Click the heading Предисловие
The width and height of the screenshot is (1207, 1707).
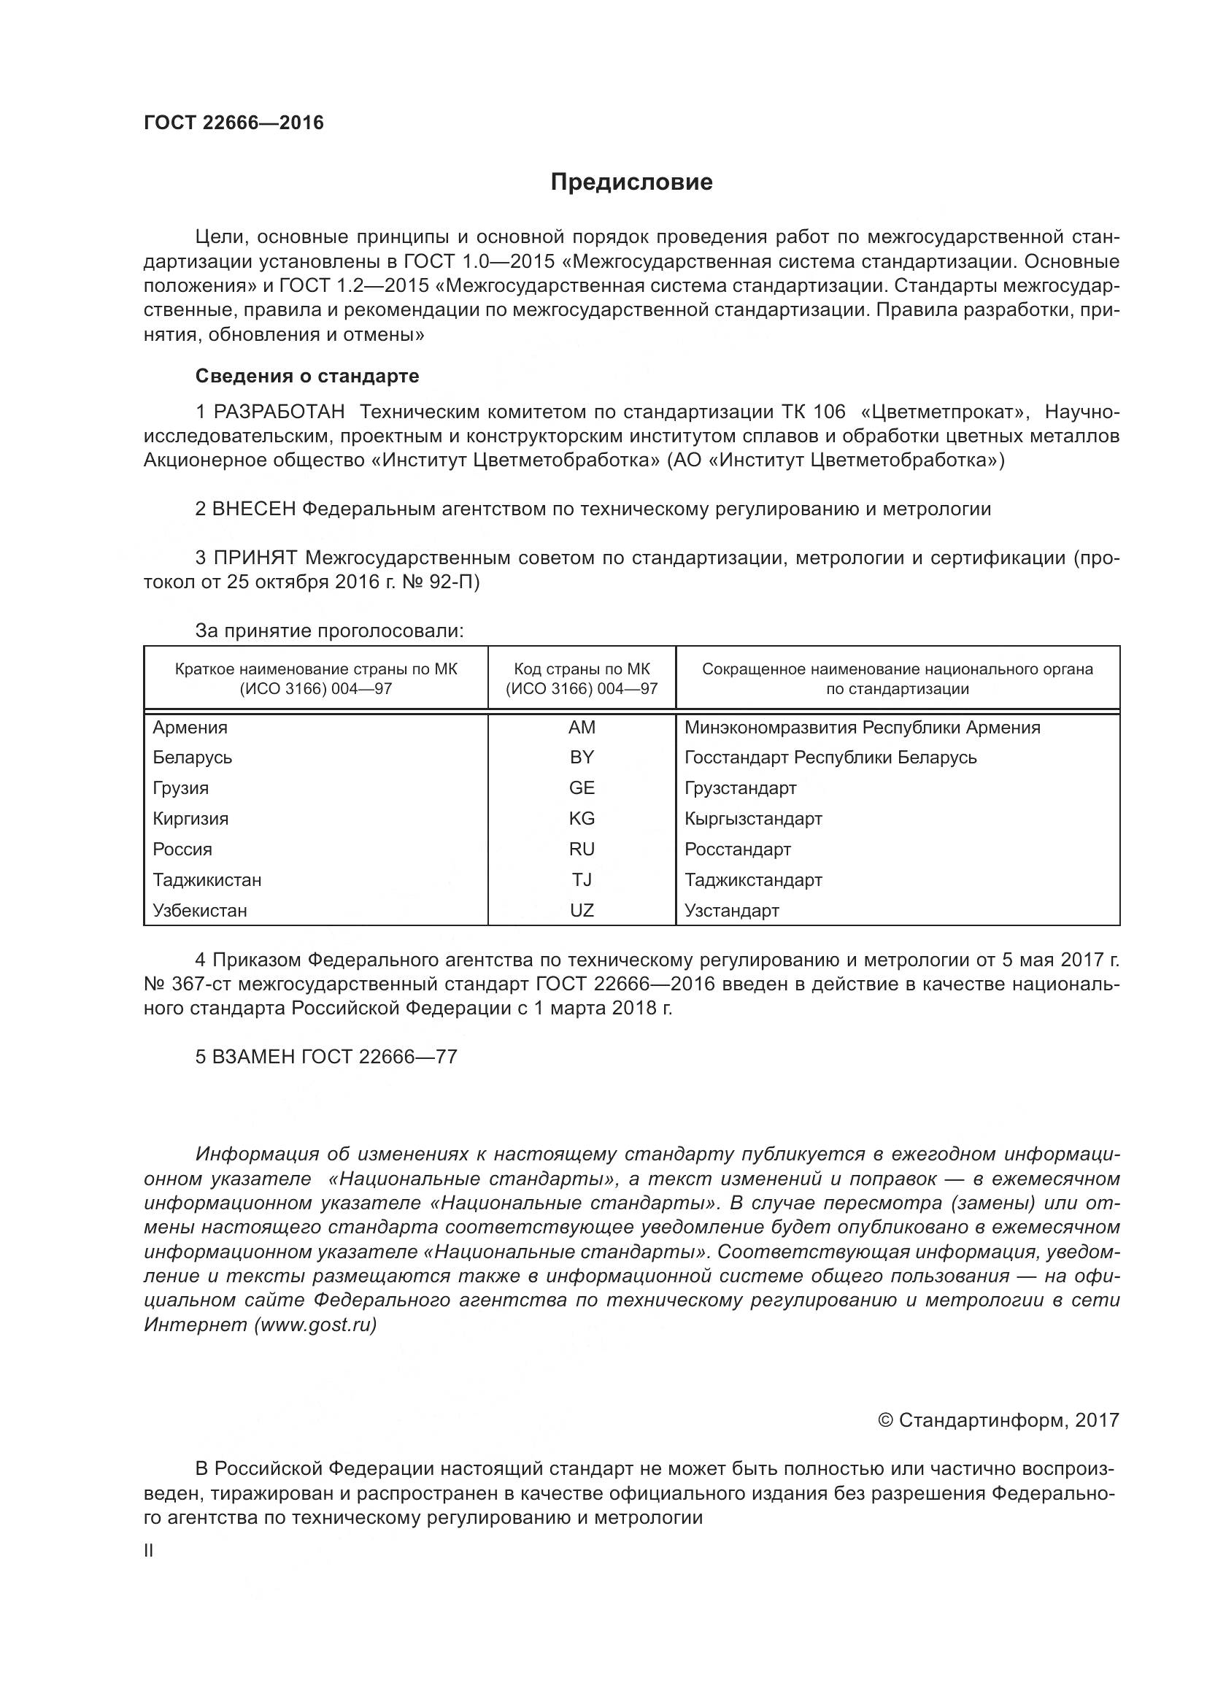(631, 182)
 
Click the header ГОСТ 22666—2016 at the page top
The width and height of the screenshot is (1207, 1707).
(234, 123)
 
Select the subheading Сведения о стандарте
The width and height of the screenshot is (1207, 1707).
(307, 376)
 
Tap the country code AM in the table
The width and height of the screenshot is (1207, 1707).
(581, 727)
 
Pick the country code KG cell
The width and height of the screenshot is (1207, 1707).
(581, 819)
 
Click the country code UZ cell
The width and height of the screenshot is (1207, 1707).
(581, 910)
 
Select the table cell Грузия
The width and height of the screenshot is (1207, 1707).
(180, 788)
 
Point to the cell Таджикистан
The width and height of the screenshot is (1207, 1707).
(207, 879)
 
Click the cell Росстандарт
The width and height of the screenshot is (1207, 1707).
(737, 849)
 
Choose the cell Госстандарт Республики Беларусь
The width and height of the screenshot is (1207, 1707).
(830, 758)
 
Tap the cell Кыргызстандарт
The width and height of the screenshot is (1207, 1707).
(753, 819)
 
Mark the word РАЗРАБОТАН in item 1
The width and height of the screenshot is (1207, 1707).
(279, 412)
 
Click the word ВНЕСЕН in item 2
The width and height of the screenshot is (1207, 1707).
(254, 509)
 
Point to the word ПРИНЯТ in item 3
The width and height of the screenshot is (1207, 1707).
(255, 558)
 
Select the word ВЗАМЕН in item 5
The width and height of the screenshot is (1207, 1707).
(253, 1057)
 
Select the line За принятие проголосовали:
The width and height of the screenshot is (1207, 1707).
(329, 631)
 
